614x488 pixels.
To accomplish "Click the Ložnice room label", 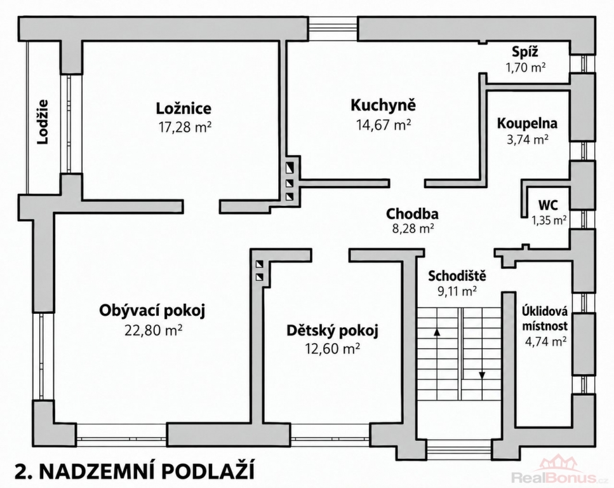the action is [x=184, y=108].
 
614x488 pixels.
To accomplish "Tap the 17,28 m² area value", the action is [x=185, y=127].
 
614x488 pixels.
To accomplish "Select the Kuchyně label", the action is [x=383, y=105].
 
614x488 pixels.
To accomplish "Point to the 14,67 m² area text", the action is [x=384, y=125].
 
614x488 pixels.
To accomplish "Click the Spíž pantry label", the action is [x=525, y=51].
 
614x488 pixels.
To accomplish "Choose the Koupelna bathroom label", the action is [x=527, y=123].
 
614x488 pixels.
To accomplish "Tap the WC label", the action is [x=548, y=205].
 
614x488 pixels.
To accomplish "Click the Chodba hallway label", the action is [x=412, y=214].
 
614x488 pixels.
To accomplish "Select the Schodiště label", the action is [x=457, y=276].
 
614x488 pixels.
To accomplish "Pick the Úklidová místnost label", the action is [x=545, y=319].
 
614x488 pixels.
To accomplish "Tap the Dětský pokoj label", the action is [x=333, y=331].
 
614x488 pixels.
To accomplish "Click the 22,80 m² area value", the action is [x=153, y=330].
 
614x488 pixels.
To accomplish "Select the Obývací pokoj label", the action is [x=152, y=311].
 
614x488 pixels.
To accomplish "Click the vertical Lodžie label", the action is [x=43, y=122].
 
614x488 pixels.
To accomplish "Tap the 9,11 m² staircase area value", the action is [x=457, y=290].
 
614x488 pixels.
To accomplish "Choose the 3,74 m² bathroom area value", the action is [x=528, y=140].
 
